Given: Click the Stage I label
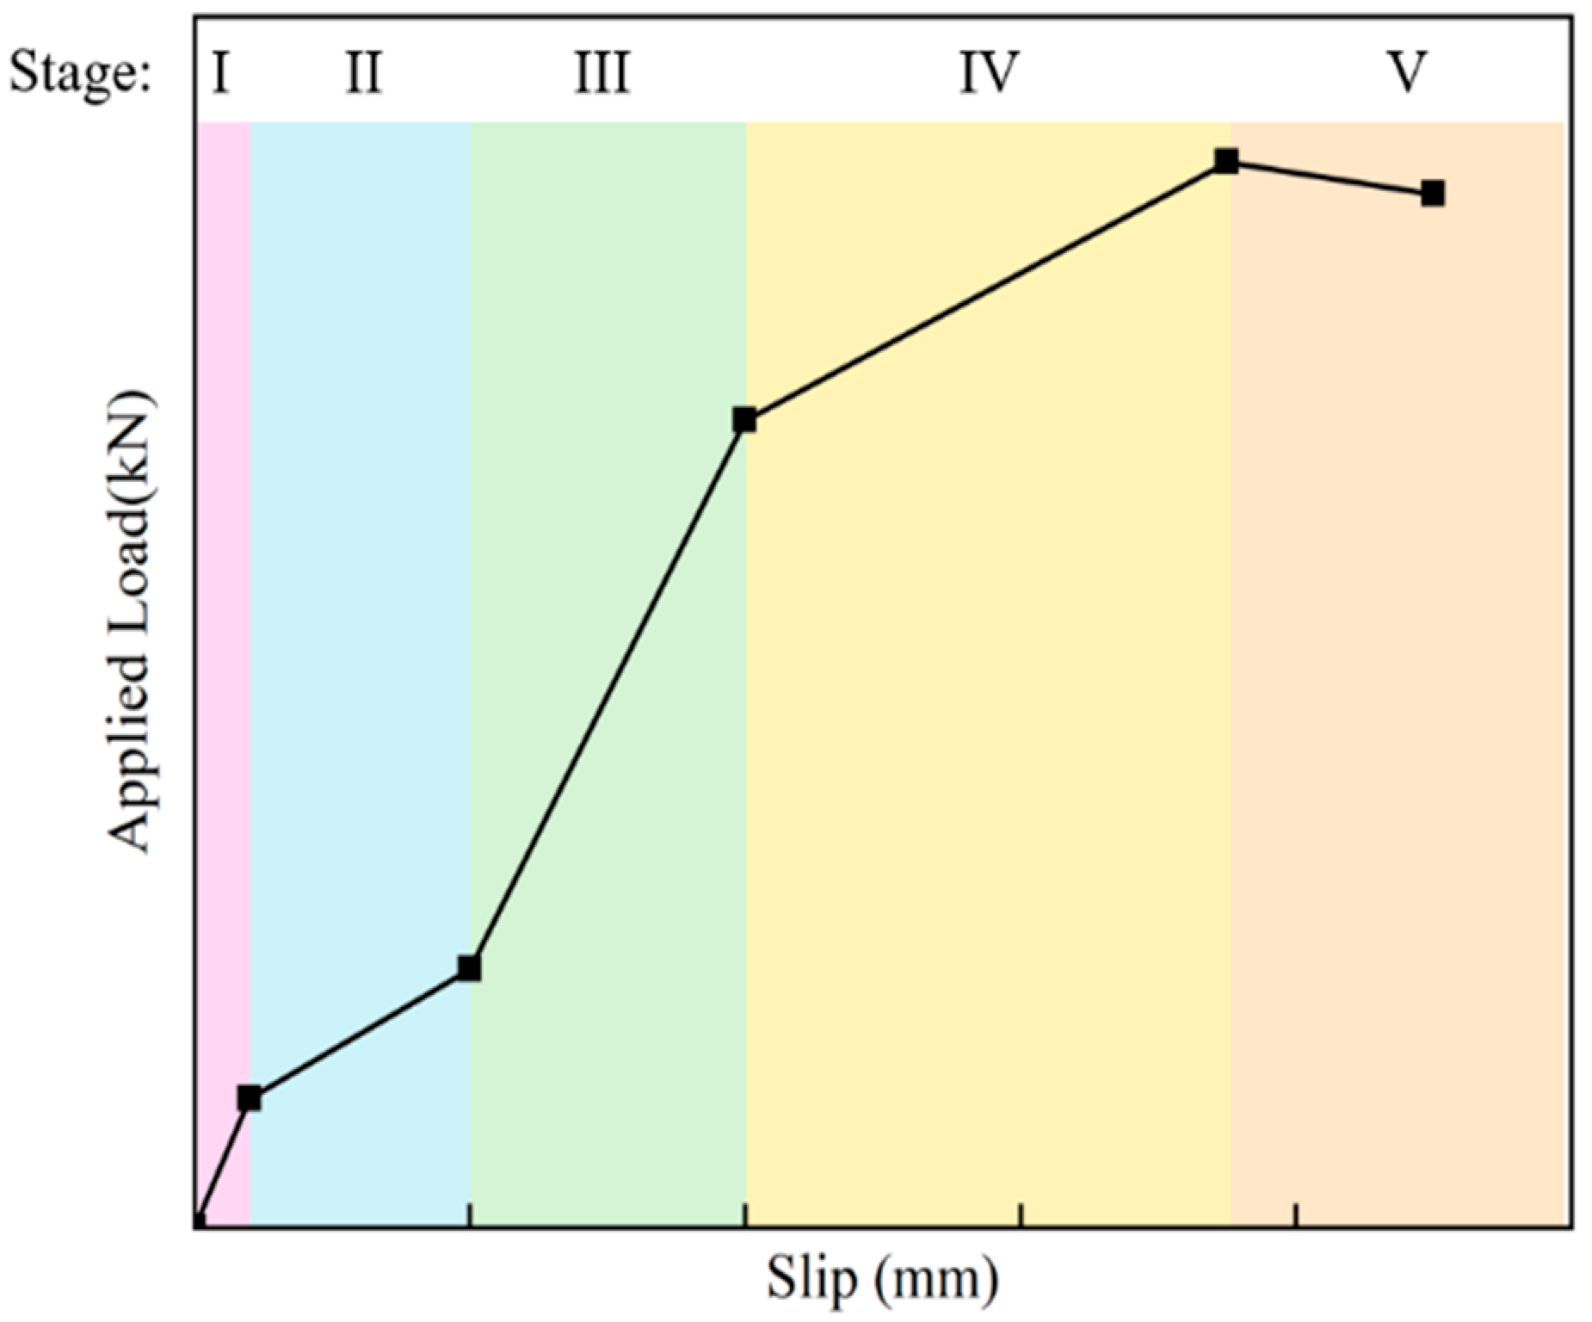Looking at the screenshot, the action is pos(220,73).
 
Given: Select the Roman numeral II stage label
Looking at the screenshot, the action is pos(363,73).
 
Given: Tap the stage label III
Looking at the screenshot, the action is pos(602,73).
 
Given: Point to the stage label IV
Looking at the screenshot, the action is pos(990,73).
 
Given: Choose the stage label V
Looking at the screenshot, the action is pos(1408,73).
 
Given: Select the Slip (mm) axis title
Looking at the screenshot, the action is pos(883,1278).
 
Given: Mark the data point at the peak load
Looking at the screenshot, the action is pos(1226,161).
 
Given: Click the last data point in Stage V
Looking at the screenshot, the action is pos(1432,194).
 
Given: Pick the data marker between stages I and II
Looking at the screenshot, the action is pos(250,1098).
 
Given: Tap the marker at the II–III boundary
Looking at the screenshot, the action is pos(469,968).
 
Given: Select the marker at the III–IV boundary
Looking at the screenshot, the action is pos(744,420).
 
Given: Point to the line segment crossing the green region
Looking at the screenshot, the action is pos(607,694).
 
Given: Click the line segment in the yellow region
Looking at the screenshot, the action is pos(985,291).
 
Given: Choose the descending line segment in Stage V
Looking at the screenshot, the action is pos(1330,177).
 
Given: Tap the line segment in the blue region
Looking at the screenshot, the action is pos(359,1033).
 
